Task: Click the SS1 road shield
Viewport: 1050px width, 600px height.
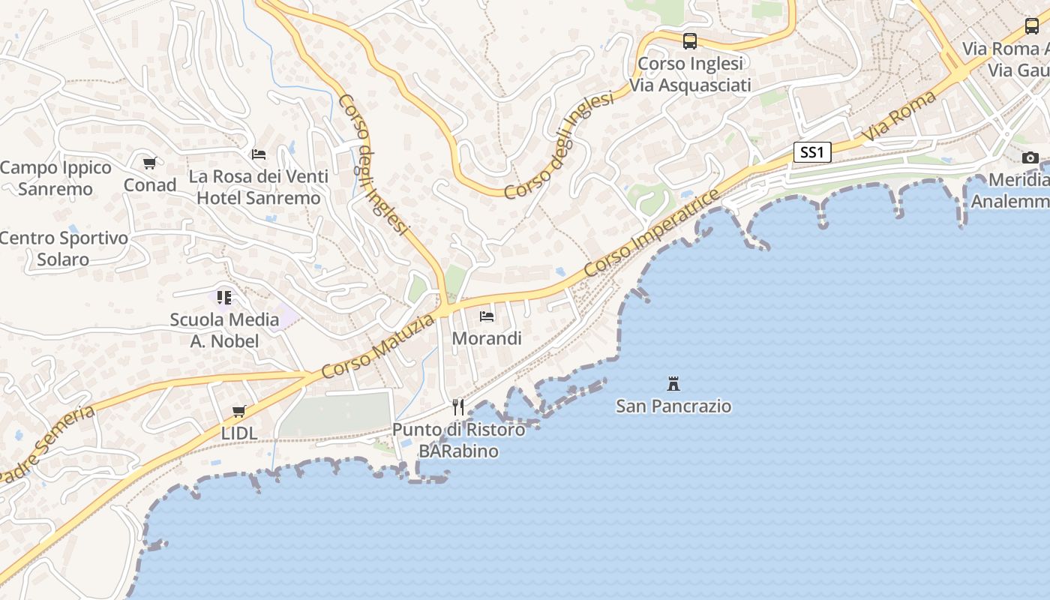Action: point(812,152)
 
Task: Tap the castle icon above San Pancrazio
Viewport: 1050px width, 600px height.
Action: point(673,384)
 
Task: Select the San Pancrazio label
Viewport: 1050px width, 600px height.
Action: point(673,406)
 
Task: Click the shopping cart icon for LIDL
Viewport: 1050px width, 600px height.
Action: point(239,411)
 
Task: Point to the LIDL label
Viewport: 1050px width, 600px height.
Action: point(239,433)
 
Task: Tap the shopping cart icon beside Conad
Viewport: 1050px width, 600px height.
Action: point(150,163)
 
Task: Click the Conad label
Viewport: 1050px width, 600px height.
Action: point(150,185)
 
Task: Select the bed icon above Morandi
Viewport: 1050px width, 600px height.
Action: point(487,316)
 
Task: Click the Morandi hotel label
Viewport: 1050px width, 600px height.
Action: point(487,338)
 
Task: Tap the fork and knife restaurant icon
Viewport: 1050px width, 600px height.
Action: point(458,407)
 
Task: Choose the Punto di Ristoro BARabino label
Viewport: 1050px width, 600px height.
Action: point(458,440)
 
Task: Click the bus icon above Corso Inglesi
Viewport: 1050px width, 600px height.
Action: point(690,41)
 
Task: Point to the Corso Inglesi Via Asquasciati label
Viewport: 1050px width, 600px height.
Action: point(690,74)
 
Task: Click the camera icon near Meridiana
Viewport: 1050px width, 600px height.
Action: point(1030,157)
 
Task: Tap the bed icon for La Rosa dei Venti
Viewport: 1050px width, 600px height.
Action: point(259,154)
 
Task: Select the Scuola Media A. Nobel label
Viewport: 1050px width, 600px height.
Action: point(224,330)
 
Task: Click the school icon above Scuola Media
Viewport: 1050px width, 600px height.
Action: point(224,298)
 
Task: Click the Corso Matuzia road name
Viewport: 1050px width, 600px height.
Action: point(378,346)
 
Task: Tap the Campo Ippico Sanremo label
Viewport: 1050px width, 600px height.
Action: point(55,178)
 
